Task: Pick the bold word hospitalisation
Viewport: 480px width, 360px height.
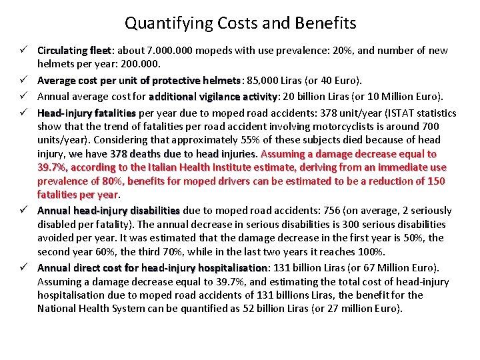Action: [226, 268]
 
